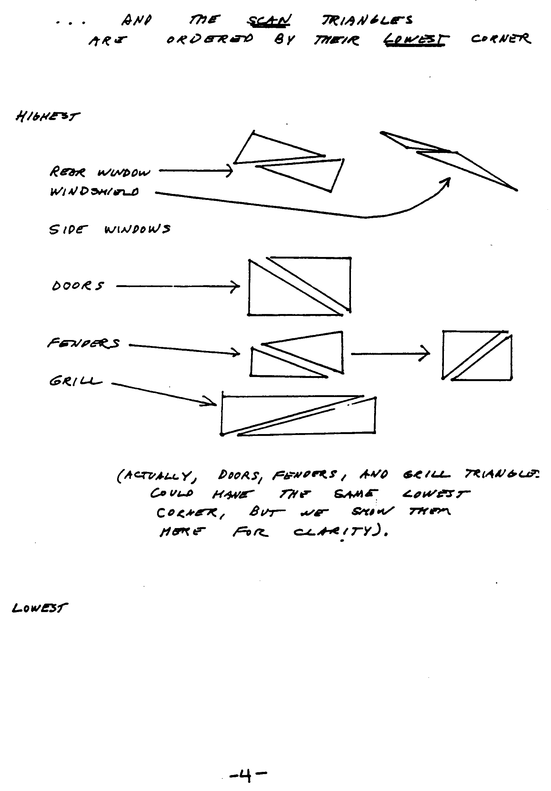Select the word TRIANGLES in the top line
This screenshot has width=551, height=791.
367,21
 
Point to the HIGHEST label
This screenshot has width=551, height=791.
48,117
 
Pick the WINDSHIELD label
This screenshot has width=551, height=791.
94,191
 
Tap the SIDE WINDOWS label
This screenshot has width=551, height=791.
110,229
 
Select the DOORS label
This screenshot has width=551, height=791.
78,285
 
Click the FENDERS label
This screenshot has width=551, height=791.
84,343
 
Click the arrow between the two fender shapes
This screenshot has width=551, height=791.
390,354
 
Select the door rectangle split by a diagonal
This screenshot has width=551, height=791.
299,286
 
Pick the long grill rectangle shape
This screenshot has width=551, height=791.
298,416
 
